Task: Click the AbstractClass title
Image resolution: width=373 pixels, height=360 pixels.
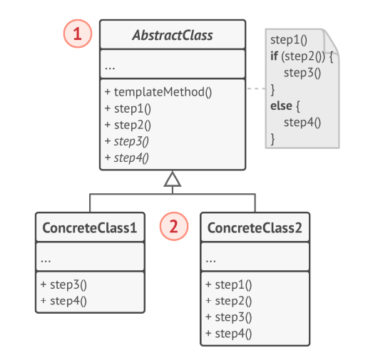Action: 173,35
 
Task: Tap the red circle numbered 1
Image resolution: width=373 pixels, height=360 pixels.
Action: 78,34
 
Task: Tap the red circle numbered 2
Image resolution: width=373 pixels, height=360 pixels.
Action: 173,227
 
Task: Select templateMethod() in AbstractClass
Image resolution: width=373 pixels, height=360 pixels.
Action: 158,92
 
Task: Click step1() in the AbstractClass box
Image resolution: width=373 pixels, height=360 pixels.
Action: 128,108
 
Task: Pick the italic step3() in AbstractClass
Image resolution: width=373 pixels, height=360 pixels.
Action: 128,141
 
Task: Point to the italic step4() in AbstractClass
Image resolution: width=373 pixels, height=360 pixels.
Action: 128,157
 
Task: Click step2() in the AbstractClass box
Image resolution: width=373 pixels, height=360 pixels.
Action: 128,125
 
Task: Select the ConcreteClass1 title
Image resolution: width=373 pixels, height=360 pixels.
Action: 89,228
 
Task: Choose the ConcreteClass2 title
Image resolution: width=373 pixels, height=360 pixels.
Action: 255,228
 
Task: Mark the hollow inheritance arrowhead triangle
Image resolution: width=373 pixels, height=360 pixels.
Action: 173,179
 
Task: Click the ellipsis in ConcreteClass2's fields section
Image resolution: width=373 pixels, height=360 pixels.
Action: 211,258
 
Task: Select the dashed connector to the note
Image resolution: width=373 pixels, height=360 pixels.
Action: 256,89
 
